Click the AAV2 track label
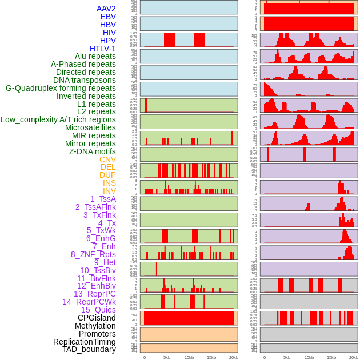[106, 9]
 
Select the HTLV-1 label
[103, 49]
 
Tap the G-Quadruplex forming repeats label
[61, 88]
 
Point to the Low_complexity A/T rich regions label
[58, 119]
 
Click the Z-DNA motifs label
[93, 151]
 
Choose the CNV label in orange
[107, 159]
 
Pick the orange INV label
[109, 191]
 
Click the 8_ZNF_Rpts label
[93, 254]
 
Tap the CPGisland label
[97, 318]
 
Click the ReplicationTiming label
[85, 342]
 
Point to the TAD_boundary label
[89, 349]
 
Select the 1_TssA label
[103, 199]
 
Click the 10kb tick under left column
[189, 357]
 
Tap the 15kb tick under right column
[331, 357]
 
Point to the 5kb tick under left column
[167, 357]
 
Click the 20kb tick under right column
[353, 357]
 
